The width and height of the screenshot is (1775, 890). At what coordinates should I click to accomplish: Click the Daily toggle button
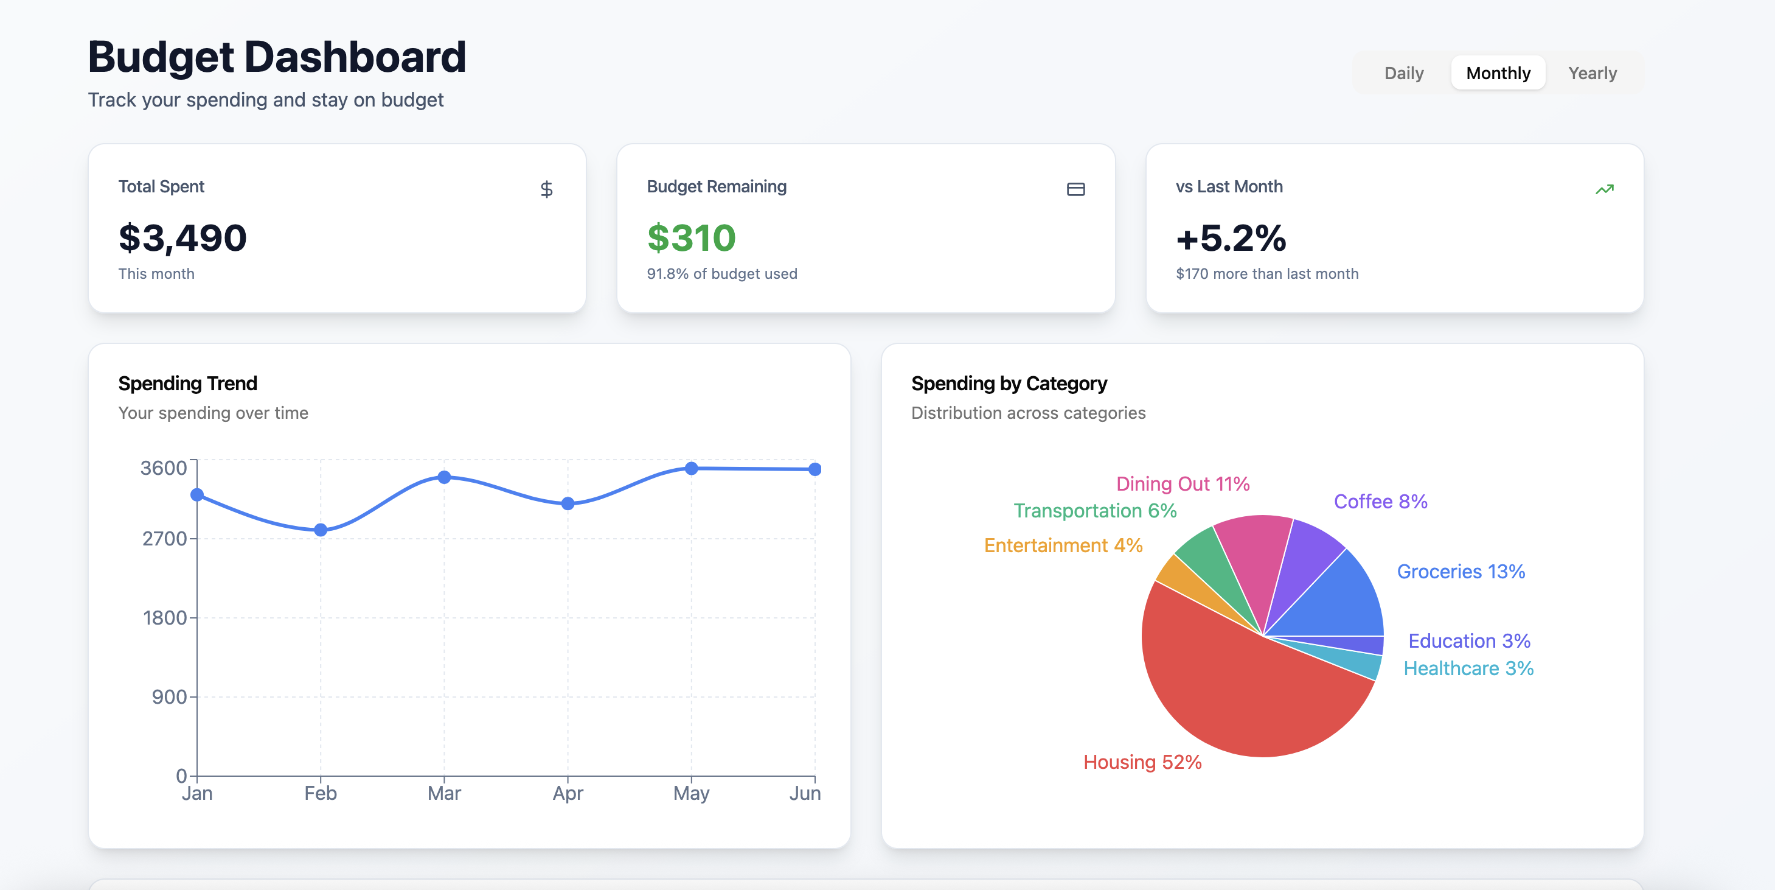coord(1403,73)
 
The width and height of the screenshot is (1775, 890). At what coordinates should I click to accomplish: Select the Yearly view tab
coord(1592,73)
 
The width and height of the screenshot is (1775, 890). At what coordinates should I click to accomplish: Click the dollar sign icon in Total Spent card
coord(546,189)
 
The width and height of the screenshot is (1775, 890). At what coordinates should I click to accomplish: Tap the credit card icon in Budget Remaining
coord(1075,189)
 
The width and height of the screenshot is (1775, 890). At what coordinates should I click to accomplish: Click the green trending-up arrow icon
coord(1604,189)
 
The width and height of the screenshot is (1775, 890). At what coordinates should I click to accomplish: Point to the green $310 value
coord(691,238)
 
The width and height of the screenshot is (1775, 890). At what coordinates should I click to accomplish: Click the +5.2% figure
coord(1231,238)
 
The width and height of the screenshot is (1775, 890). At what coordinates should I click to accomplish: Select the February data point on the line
coord(321,530)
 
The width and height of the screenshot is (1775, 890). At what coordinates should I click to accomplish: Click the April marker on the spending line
coord(568,503)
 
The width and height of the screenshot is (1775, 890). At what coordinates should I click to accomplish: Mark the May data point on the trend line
coord(691,468)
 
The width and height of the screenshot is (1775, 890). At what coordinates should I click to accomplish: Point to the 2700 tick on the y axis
coord(165,538)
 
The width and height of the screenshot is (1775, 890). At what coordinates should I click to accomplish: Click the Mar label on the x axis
coord(444,793)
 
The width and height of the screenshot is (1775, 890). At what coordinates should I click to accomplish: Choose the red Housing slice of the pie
coord(1240,696)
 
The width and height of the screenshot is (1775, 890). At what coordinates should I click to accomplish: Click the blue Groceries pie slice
coord(1337,600)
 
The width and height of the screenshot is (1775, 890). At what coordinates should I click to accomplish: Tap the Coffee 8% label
coord(1380,501)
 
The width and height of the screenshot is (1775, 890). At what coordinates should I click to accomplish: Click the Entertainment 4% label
coord(1063,545)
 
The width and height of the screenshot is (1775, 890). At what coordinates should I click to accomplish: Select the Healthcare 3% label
coord(1468,668)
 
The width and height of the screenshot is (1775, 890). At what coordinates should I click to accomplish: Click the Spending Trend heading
coord(187,384)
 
